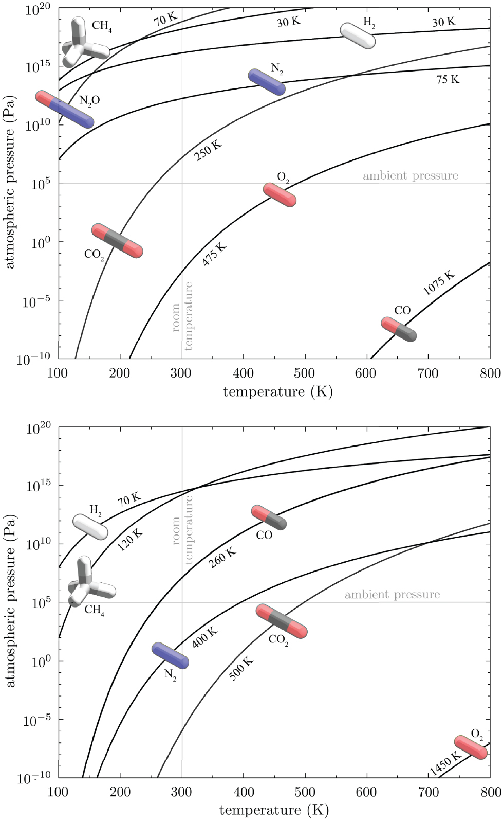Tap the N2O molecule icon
(x=65, y=109)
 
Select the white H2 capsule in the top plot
(x=358, y=35)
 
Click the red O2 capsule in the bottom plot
(x=471, y=747)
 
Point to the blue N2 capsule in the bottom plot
(x=170, y=655)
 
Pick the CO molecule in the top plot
(x=399, y=329)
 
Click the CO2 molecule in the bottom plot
(x=282, y=621)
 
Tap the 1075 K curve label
(x=439, y=283)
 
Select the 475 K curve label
(x=214, y=255)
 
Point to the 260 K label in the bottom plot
(x=222, y=558)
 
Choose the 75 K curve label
(x=448, y=80)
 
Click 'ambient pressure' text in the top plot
(x=410, y=176)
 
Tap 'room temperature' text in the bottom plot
(x=182, y=530)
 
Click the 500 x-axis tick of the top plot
(x=305, y=373)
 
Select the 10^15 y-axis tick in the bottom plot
(x=39, y=486)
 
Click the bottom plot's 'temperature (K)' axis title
(x=274, y=811)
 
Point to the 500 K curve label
(x=241, y=668)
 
